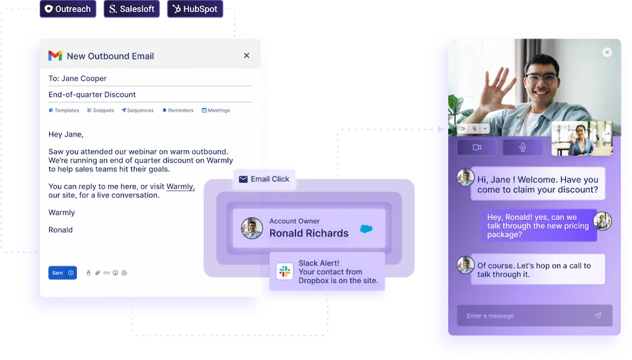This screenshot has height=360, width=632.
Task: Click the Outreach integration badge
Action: (x=68, y=9)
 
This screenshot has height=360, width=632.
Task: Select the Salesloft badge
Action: (x=132, y=9)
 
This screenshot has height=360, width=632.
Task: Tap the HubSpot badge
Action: (x=195, y=9)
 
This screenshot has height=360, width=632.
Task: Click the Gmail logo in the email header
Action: (x=55, y=56)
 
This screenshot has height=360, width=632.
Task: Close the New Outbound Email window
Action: (x=247, y=56)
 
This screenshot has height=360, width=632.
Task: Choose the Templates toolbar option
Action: (x=64, y=111)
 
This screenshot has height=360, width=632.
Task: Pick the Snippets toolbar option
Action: (x=101, y=111)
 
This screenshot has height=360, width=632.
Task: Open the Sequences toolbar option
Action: (x=138, y=111)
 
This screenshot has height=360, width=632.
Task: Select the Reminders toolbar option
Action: (x=178, y=111)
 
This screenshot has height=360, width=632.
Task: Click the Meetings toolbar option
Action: (x=216, y=111)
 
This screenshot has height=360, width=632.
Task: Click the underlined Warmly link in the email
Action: (x=180, y=187)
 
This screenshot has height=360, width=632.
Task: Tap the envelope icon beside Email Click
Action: (x=243, y=179)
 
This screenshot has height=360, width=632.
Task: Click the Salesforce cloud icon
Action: (x=366, y=229)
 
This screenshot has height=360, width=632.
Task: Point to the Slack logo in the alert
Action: (x=284, y=271)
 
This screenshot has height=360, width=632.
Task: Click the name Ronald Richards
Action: (x=309, y=233)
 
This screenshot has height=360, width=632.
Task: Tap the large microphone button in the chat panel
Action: (x=523, y=147)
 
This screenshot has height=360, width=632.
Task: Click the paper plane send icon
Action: (x=598, y=316)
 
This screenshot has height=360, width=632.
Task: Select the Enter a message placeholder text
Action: (x=490, y=316)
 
